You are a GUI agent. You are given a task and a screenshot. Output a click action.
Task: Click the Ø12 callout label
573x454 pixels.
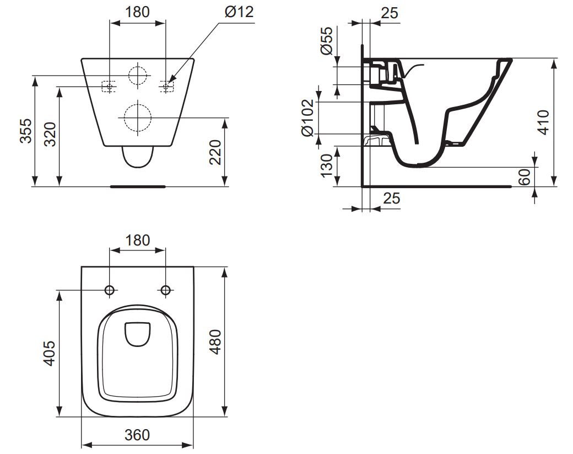pyautogui.click(x=239, y=12)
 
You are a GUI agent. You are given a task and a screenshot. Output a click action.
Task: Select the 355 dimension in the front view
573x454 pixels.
pyautogui.click(x=26, y=131)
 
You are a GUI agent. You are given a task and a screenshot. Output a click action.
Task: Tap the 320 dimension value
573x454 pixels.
pyautogui.click(x=50, y=134)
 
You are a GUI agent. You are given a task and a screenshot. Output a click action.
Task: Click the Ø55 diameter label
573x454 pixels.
pyautogui.click(x=327, y=40)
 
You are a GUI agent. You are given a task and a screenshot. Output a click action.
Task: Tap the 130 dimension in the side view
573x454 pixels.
pyautogui.click(x=327, y=165)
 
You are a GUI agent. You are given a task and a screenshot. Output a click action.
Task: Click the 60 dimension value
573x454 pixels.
pyautogui.click(x=525, y=177)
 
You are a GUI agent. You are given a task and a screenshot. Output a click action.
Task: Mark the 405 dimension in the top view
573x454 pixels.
pyautogui.click(x=49, y=353)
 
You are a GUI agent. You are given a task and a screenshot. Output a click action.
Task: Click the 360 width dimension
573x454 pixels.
pyautogui.click(x=137, y=435)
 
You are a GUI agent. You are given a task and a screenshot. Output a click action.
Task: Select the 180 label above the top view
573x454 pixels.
pyautogui.click(x=137, y=241)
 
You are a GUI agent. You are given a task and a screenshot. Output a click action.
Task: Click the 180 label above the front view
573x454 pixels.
pyautogui.click(x=137, y=12)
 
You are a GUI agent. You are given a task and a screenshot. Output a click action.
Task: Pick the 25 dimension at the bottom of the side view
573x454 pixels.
pyautogui.click(x=391, y=198)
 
